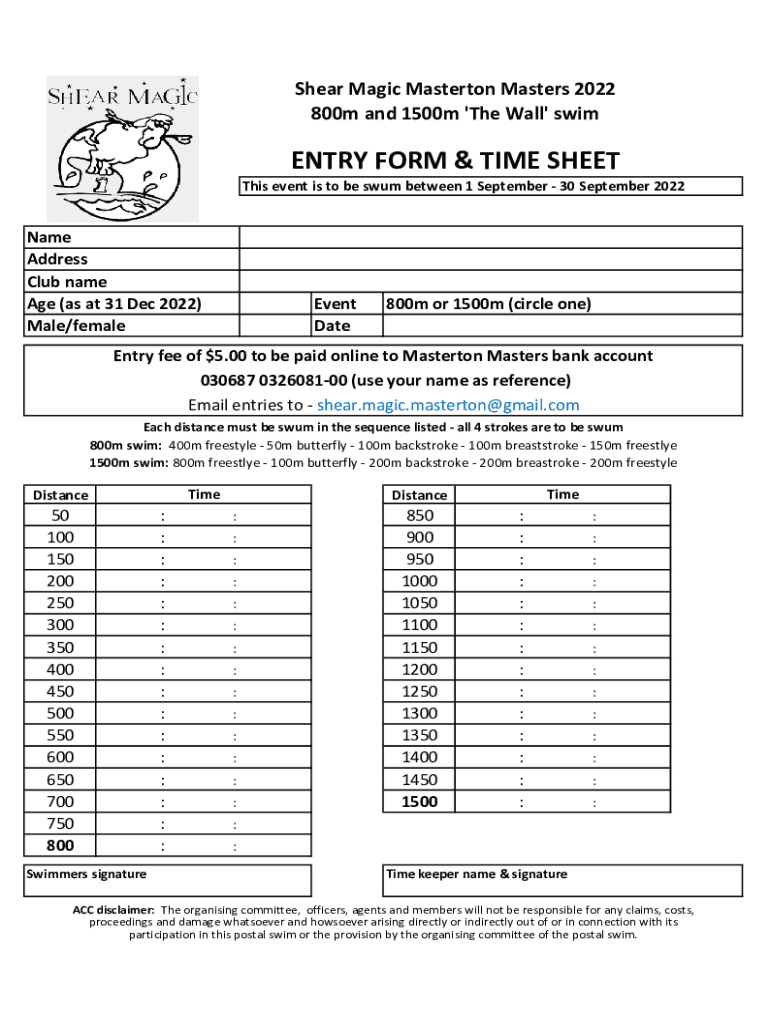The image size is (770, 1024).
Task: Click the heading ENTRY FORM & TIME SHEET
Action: (x=455, y=161)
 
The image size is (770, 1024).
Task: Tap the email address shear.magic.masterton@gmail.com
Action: (x=448, y=405)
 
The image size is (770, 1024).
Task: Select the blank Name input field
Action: (x=490, y=237)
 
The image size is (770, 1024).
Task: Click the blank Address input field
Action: (x=490, y=259)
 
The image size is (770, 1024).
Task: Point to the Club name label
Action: (x=67, y=282)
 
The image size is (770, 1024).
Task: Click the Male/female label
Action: (x=76, y=325)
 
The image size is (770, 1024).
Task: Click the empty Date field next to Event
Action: (x=562, y=326)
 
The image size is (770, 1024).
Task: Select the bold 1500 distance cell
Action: (x=419, y=802)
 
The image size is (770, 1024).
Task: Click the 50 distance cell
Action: (x=60, y=516)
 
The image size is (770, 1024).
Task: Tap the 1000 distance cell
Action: (x=419, y=581)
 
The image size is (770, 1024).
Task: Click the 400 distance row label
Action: (x=60, y=670)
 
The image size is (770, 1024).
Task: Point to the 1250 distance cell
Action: (x=419, y=691)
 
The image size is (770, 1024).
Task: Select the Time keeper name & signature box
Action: (x=562, y=881)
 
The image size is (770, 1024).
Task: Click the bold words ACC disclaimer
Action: (x=113, y=910)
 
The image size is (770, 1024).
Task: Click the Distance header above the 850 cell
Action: (x=419, y=495)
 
